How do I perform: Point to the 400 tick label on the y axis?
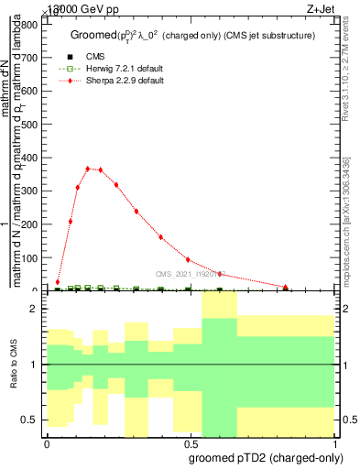tap(30, 158)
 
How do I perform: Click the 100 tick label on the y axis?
tap(30, 258)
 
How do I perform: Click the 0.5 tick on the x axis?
tap(190, 441)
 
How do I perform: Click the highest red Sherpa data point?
tap(88, 169)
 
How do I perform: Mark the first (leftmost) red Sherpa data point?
tap(58, 282)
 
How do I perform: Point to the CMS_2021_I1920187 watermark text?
tap(191, 273)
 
